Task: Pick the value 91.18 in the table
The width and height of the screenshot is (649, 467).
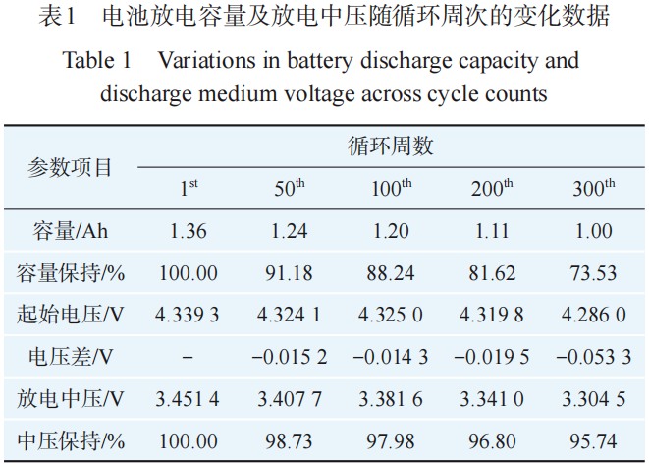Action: [290, 273]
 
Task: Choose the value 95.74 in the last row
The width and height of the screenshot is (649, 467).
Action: [593, 442]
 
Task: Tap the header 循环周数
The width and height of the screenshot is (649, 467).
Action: [390, 146]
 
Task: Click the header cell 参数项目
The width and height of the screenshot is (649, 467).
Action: [70, 167]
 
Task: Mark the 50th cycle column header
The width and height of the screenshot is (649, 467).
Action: [290, 189]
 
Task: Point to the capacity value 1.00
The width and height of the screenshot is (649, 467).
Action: [593, 232]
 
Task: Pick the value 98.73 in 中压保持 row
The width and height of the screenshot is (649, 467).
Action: [290, 442]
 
